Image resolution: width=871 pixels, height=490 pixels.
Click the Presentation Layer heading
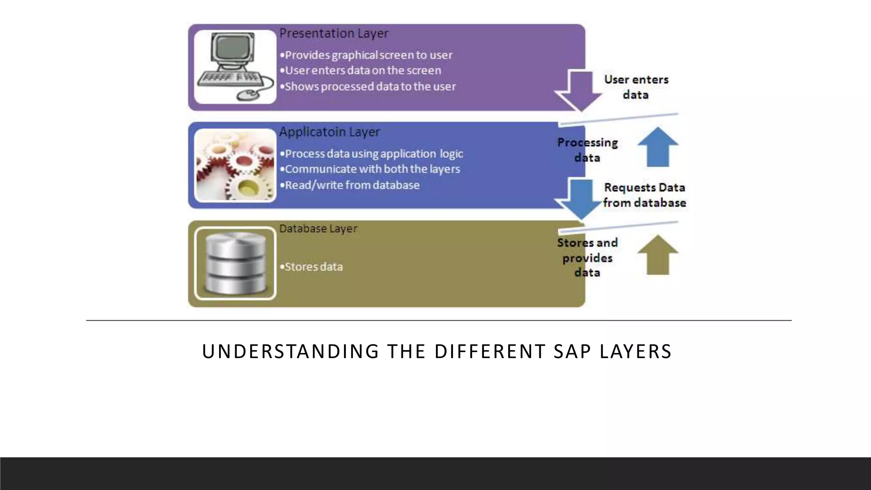point(333,33)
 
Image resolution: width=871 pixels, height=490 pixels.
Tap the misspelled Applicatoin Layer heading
point(329,132)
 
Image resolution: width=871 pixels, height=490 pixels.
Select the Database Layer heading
point(318,229)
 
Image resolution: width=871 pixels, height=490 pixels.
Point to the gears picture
point(235,165)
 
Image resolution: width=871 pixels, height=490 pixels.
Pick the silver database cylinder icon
point(235,264)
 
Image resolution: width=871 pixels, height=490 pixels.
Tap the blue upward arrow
point(658,147)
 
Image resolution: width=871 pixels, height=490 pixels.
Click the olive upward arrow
point(658,255)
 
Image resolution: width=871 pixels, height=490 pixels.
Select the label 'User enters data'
point(636,87)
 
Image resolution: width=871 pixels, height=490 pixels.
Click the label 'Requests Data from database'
point(644,195)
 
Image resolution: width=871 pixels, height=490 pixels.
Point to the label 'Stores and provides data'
point(587,257)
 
